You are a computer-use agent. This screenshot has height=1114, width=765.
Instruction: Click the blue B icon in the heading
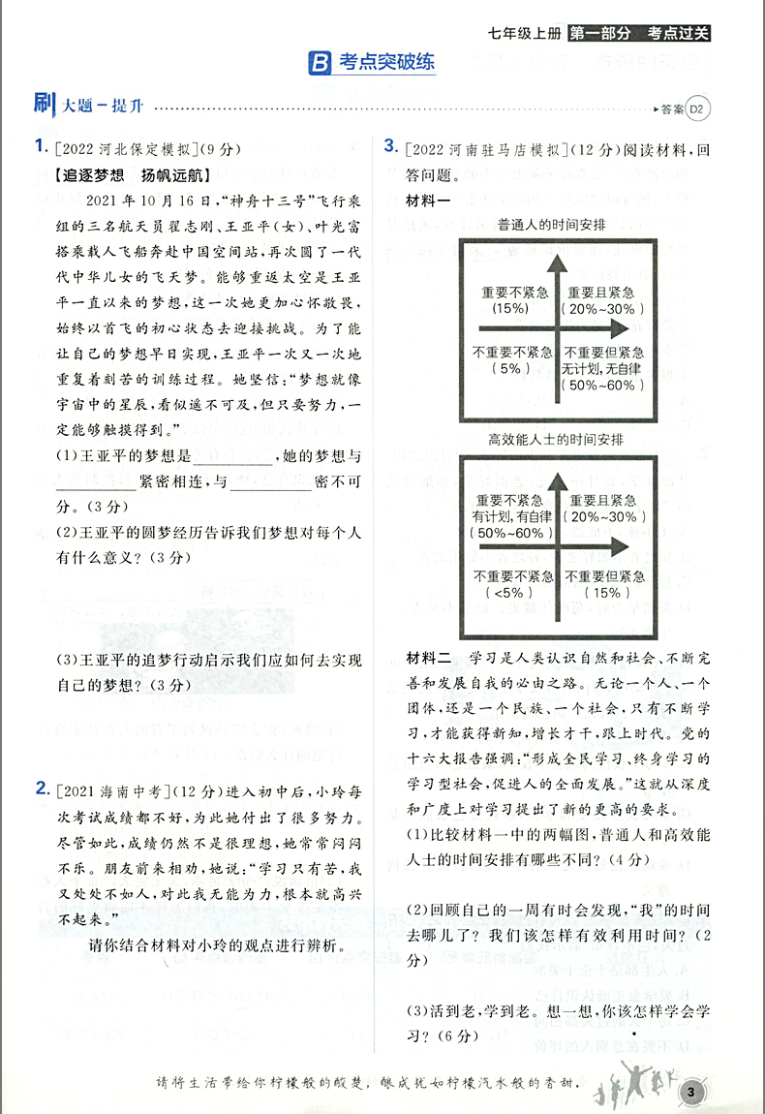pos(320,64)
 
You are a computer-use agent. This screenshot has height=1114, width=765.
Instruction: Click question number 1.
pos(40,146)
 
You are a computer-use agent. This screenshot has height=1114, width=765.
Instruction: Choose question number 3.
pos(390,146)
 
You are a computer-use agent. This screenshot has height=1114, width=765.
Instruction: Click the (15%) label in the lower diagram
pos(611,593)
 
